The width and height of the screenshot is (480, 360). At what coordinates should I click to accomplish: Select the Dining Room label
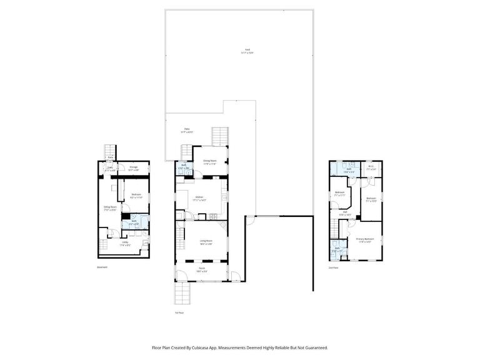[209, 162]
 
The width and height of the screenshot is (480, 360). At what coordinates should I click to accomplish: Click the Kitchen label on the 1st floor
[200, 198]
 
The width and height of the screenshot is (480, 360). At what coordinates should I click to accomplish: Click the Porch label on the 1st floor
[202, 270]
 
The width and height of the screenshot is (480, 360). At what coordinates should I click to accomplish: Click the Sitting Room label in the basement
[110, 208]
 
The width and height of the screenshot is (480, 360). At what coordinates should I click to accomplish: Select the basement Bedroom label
[136, 196]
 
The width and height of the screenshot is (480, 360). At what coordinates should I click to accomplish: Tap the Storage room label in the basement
[133, 168]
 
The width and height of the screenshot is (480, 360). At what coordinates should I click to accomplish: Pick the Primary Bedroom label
[365, 240]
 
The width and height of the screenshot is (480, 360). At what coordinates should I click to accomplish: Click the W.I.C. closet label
[371, 167]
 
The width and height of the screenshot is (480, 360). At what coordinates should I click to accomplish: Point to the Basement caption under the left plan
[102, 267]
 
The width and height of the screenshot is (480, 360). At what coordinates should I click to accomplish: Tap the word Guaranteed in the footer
[314, 347]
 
